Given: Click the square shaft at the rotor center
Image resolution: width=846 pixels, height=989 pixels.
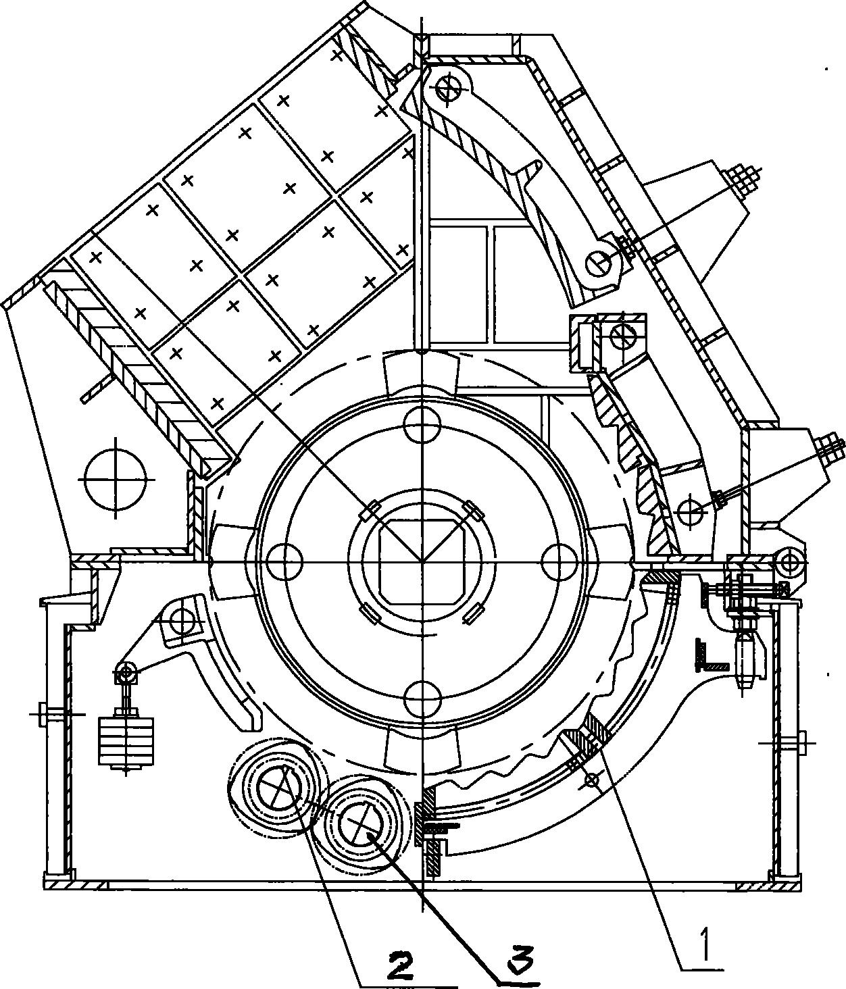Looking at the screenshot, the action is (422, 562).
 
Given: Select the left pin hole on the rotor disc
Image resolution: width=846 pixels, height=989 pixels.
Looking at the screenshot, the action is (285, 561).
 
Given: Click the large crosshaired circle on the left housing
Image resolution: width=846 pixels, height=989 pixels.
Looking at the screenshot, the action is (116, 478).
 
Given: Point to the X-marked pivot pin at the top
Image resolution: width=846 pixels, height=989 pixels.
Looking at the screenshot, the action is (448, 88).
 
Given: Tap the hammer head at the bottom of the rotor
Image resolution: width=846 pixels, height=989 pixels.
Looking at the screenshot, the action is (422, 749).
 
